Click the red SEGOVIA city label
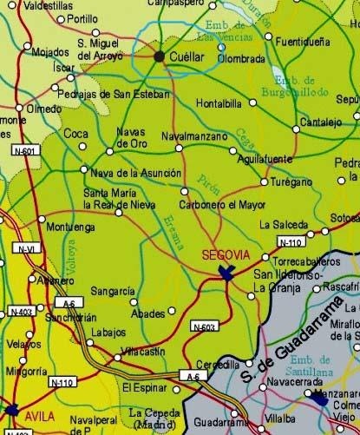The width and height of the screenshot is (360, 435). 225,255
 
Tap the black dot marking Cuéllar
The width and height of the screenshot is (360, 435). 160,56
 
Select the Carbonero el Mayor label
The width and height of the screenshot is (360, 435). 224,205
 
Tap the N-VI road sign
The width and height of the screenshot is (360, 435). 25,249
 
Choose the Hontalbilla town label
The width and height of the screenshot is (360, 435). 220,102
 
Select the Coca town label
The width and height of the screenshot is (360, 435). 76,134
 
